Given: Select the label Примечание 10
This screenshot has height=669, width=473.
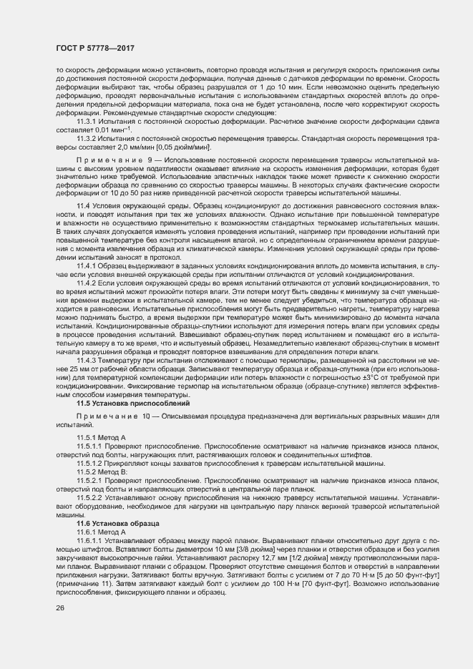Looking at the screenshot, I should coord(113,416).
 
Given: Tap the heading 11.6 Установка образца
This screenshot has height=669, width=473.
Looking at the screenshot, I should coord(117,524).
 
